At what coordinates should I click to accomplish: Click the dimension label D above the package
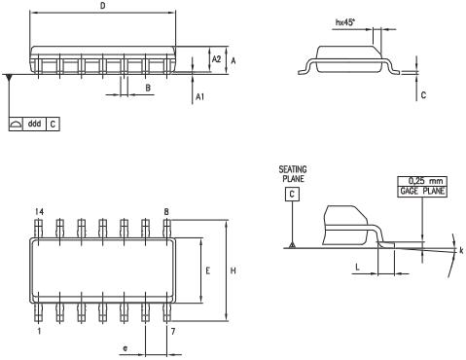(x=103, y=6)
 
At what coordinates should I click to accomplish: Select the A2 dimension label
(x=216, y=59)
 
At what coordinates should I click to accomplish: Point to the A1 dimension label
(x=199, y=96)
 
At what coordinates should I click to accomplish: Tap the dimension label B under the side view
(x=148, y=88)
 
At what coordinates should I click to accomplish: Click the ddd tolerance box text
(x=34, y=124)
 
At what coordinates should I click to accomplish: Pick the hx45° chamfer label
(x=345, y=22)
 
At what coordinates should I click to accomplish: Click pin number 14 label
(x=39, y=212)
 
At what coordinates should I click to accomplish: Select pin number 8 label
(x=166, y=212)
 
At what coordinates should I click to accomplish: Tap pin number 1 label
(x=39, y=331)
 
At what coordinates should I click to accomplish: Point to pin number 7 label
(x=173, y=331)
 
